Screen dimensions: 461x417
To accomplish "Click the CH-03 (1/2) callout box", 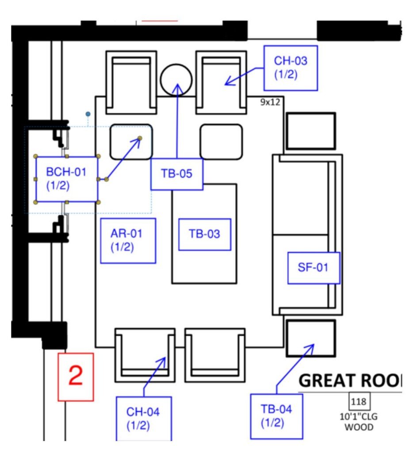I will coord(291,68).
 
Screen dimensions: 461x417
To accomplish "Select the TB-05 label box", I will coord(176,174).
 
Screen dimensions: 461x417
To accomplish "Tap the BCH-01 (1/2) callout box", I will coord(66,179).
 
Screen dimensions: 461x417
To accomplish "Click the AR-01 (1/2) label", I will coord(128,240).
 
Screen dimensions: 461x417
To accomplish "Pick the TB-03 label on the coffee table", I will coord(204,234).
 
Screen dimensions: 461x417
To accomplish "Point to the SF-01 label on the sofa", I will coord(314,268).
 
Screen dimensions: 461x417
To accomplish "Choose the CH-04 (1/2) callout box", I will coord(143,419).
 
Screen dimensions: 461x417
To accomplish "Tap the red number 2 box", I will coord(76,377).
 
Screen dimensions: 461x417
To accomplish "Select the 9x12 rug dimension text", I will coord(270,103).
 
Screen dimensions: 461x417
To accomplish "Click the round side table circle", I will coord(176,80).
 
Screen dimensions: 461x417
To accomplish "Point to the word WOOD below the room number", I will coord(359,427).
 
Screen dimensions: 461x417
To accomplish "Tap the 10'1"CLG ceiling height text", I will coord(359,417).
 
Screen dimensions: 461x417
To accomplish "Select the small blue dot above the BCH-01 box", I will coord(88,114).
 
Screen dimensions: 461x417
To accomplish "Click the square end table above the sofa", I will coord(310,131).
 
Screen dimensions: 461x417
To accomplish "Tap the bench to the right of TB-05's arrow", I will coord(221,142).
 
